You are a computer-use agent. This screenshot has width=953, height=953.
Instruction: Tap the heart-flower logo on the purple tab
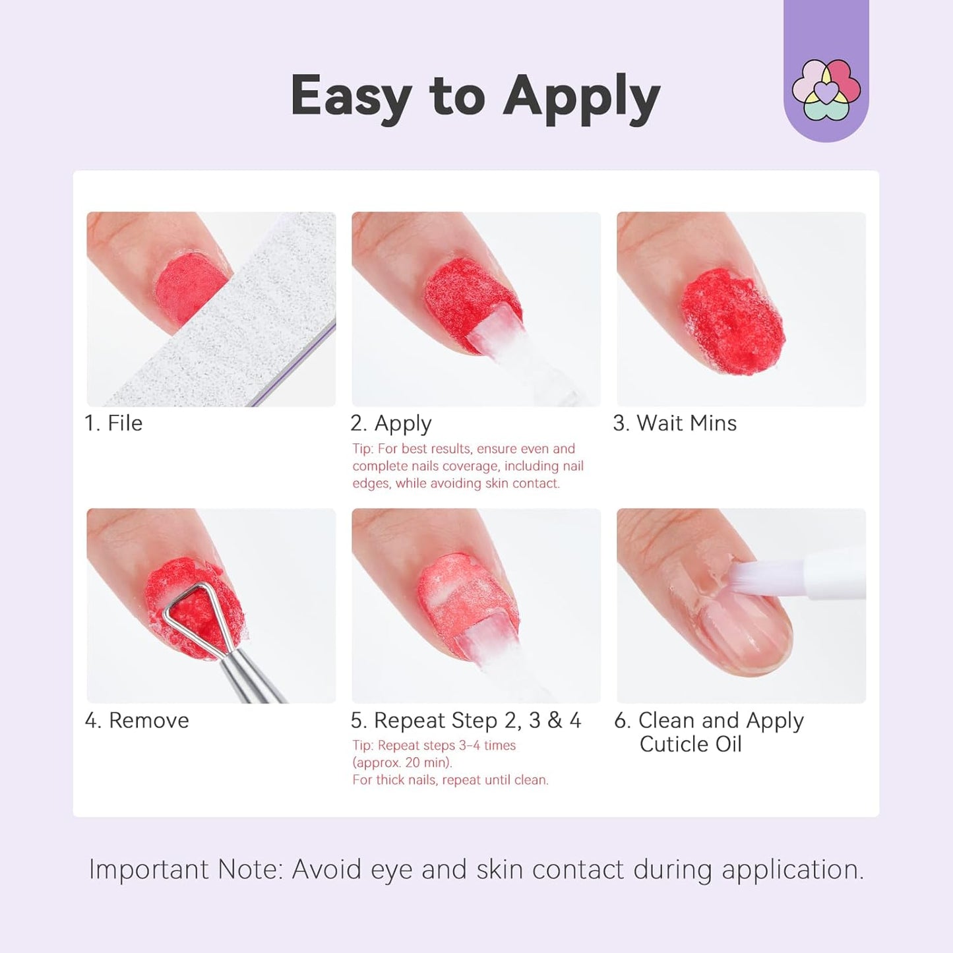[x=826, y=90]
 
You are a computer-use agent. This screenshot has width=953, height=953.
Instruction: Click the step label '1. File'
[x=113, y=423]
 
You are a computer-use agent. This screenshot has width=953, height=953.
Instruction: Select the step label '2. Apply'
[x=391, y=423]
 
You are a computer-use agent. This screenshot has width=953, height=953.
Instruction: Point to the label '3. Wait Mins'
[x=675, y=423]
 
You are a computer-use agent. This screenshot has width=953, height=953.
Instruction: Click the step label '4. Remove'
[x=137, y=720]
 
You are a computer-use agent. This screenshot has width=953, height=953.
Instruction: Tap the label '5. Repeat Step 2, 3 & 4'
[x=466, y=720]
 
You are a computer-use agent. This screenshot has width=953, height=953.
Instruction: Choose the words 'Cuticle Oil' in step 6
[x=691, y=744]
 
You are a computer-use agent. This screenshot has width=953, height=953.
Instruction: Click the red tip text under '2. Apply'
[x=468, y=466]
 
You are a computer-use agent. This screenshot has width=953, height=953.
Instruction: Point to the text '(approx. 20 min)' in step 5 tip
[x=402, y=762]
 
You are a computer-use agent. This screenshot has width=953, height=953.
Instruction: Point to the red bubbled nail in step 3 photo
[x=732, y=320]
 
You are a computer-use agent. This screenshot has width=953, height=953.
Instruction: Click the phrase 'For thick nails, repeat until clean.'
[x=450, y=780]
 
